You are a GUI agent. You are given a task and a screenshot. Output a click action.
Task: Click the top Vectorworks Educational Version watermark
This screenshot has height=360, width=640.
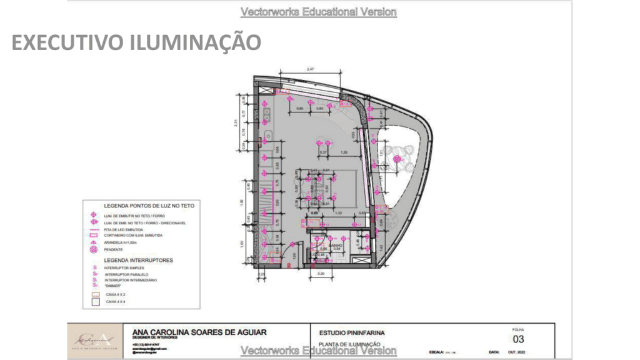point(318,12)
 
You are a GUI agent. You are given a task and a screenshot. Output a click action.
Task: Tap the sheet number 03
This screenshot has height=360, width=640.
point(518,339)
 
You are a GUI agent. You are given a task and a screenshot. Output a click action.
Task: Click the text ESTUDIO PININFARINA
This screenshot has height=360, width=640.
point(352,332)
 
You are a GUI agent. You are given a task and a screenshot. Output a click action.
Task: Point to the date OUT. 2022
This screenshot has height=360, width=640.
point(517,353)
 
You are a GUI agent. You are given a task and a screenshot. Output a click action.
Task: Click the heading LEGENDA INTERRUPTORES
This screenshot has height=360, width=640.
point(138,259)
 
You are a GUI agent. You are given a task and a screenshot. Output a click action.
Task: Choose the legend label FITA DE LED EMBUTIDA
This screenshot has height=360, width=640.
point(126,229)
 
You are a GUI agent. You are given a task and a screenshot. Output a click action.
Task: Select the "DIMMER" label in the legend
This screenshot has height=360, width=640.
point(113,286)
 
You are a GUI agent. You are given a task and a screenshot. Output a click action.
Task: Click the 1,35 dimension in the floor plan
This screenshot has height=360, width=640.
point(344,152)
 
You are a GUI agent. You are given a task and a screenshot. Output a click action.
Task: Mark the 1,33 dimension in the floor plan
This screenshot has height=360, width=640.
point(338,213)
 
